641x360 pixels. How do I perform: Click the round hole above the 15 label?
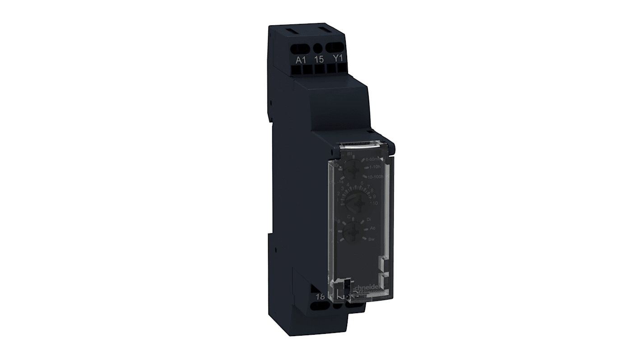click(x=318, y=47)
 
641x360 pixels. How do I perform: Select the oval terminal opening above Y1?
click(x=335, y=47)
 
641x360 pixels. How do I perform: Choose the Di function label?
click(x=369, y=219)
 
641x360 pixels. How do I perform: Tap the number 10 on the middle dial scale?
click(x=373, y=203)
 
